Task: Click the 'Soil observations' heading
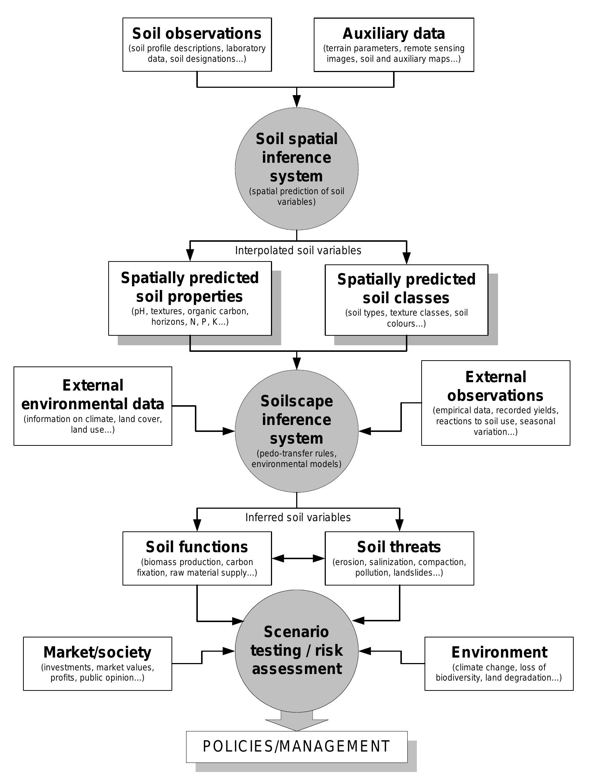(197, 34)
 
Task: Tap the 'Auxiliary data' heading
(393, 34)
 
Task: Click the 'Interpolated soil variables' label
(298, 251)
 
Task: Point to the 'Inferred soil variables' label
(298, 517)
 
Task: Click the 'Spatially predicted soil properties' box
(190, 298)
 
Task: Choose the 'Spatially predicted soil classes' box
(406, 300)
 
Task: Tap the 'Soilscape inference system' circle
(296, 432)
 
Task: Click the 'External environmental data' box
(93, 406)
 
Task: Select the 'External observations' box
(495, 403)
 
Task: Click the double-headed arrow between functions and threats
(298, 558)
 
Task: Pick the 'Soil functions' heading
(197, 547)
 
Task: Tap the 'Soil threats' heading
(399, 547)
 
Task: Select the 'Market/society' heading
(97, 652)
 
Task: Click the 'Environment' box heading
(499, 652)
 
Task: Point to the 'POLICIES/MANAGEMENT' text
(297, 746)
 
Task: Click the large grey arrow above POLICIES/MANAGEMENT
(297, 720)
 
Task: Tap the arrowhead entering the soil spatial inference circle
(297, 101)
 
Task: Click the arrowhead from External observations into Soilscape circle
(365, 431)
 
